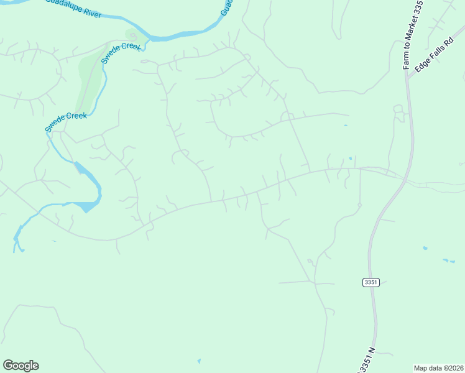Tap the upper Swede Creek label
122,53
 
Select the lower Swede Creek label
65,122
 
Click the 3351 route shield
371,282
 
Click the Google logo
21,366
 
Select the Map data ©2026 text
438,367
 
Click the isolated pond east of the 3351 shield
425,249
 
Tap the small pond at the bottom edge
199,361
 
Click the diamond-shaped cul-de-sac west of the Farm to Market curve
359,205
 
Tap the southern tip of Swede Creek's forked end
15,250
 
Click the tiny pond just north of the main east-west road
350,159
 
